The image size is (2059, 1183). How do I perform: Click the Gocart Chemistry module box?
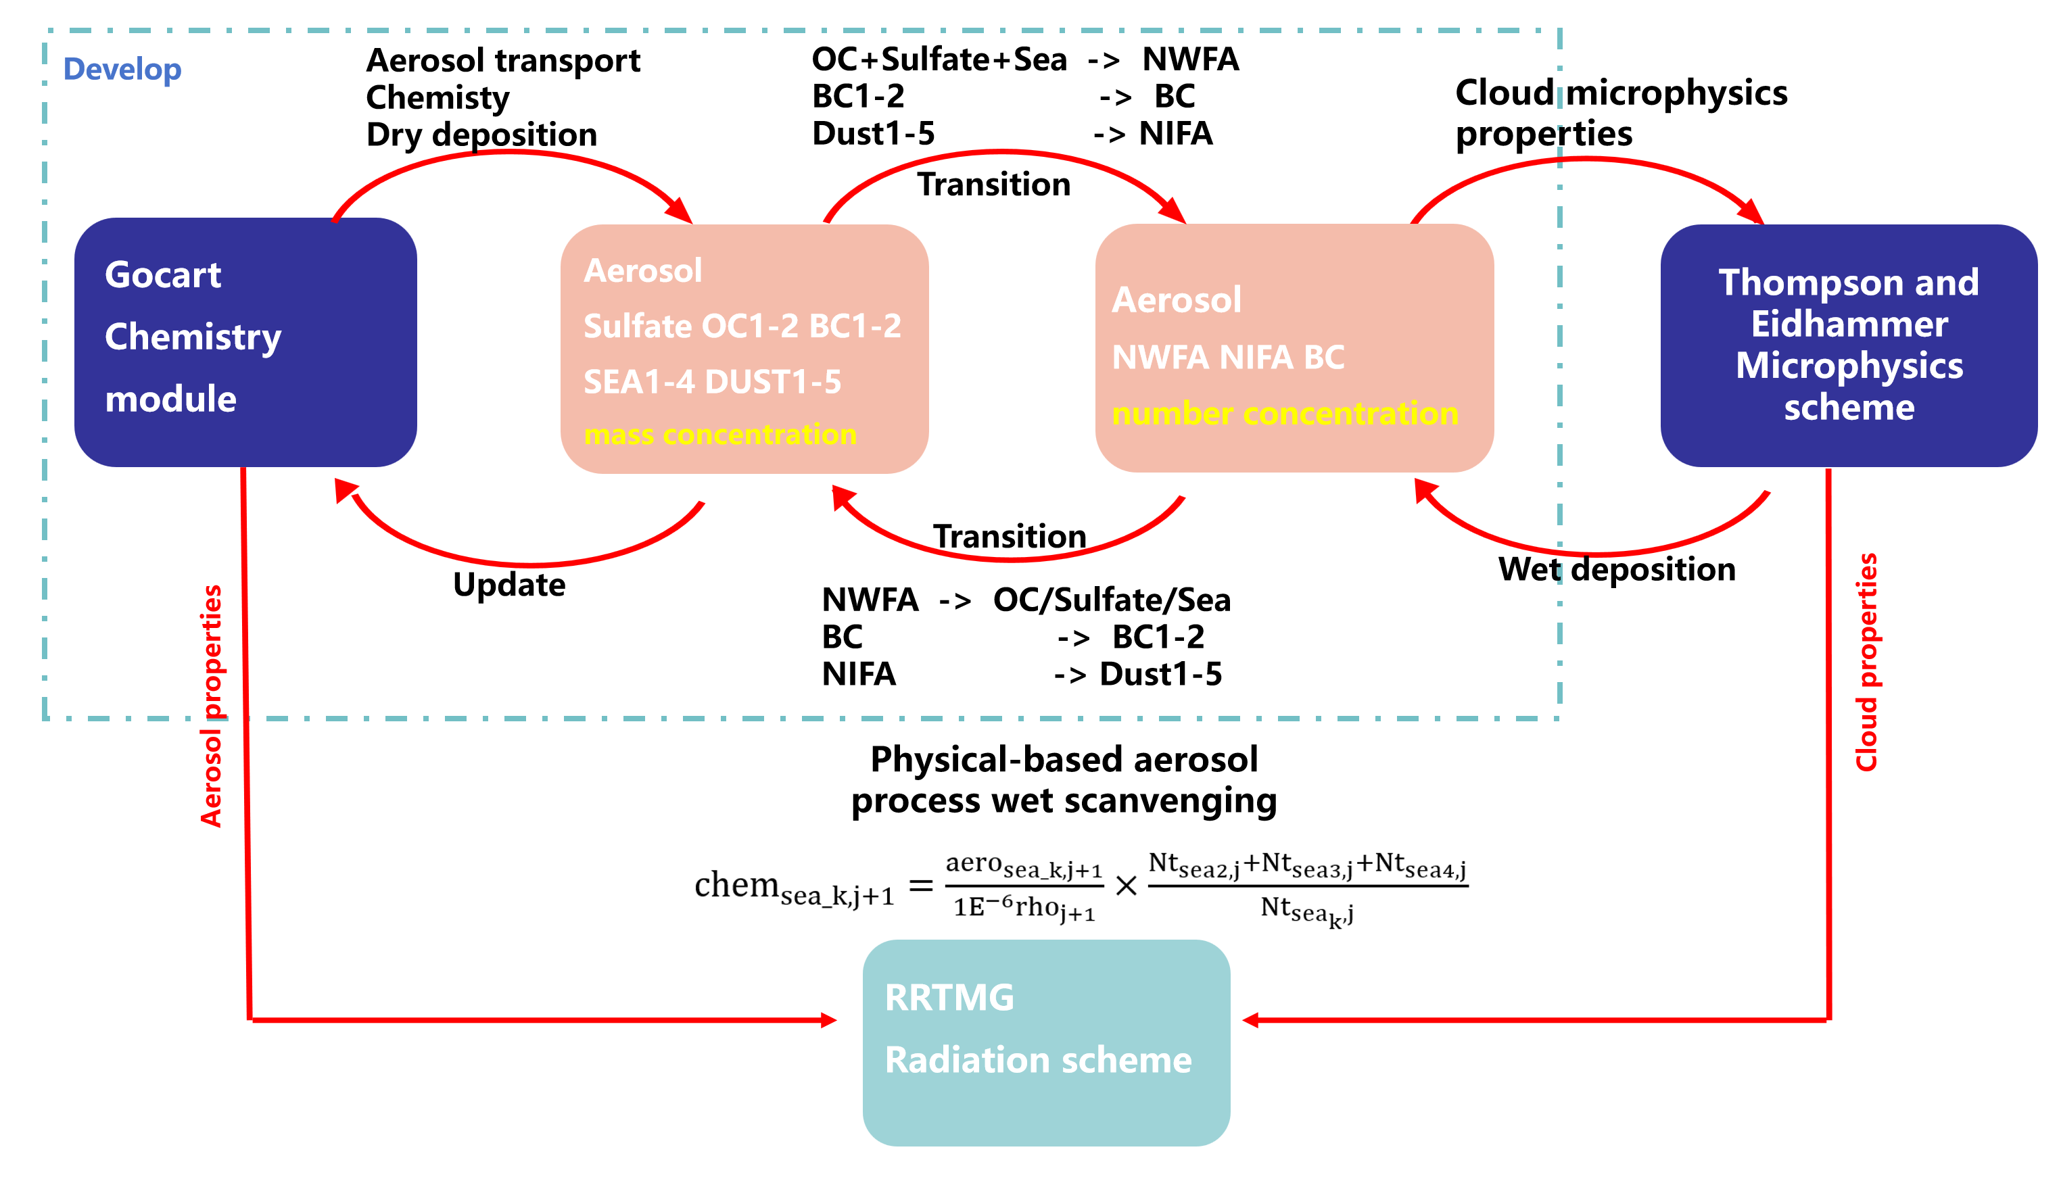[x=245, y=341]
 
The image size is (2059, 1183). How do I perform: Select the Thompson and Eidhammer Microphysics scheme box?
[x=1848, y=345]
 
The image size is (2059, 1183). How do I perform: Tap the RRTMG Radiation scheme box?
[x=1046, y=1042]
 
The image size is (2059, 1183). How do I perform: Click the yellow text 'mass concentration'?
[x=720, y=435]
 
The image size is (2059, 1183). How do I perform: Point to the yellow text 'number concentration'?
[x=1285, y=414]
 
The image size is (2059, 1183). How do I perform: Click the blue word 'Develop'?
[x=122, y=69]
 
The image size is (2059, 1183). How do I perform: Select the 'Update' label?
[x=508, y=585]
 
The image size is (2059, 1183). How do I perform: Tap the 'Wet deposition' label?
[x=1616, y=569]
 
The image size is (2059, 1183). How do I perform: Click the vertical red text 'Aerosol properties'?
[x=211, y=705]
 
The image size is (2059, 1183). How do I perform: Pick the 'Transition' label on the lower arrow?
[x=1009, y=536]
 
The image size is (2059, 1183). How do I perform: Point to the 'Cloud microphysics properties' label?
[x=1620, y=113]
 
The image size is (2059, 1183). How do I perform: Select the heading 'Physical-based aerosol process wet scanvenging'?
[x=1064, y=780]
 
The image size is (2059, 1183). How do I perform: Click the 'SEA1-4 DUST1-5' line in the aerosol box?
[x=712, y=382]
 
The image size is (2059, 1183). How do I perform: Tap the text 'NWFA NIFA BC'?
[x=1227, y=358]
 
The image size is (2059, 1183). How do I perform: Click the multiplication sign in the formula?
[x=1125, y=886]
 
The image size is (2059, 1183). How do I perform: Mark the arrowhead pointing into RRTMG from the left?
[x=829, y=1019]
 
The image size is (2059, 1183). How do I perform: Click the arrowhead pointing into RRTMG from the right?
[x=1252, y=1019]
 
